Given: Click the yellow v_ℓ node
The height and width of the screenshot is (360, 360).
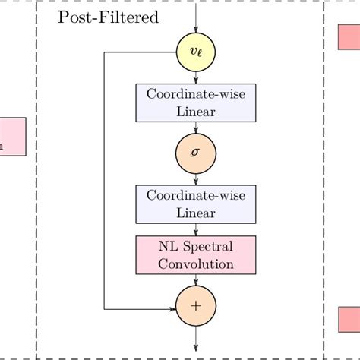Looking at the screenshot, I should (196, 52).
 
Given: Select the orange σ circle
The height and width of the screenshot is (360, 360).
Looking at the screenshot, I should (196, 153).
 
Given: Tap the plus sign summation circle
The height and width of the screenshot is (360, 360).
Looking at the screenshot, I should (196, 306).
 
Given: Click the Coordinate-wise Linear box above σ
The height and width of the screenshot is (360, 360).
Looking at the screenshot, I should (196, 103).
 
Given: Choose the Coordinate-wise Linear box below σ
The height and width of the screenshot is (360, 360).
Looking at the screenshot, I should (196, 204).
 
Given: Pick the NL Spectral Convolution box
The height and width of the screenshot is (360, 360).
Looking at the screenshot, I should (196, 254).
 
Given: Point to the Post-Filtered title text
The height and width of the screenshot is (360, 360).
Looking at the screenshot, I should (109, 17).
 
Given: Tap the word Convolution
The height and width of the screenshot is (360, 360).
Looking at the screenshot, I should (196, 264).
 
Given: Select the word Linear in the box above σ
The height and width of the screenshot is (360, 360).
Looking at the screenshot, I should (196, 112).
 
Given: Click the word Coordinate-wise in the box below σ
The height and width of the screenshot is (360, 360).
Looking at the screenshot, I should (196, 195).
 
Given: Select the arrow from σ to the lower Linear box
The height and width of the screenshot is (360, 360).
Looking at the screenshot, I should (196, 178).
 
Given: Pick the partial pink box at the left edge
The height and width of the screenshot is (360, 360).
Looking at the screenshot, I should (12, 137).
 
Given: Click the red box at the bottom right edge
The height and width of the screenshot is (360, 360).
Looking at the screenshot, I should (349, 319).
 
